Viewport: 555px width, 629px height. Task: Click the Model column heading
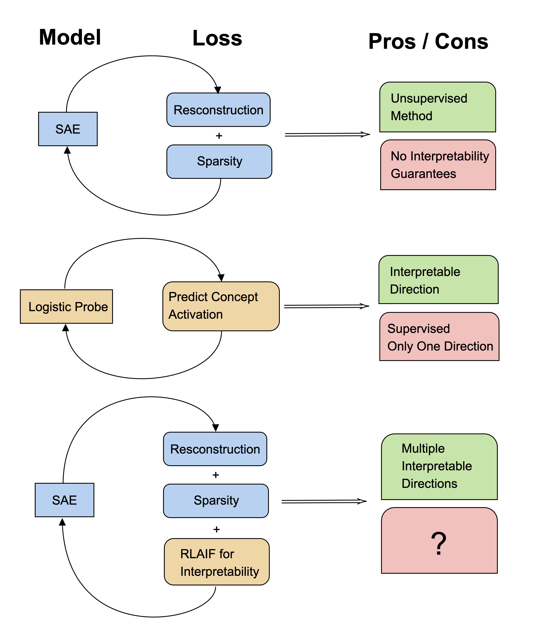(x=70, y=37)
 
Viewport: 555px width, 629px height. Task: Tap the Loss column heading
(x=217, y=39)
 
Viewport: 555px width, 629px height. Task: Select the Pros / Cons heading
(x=428, y=41)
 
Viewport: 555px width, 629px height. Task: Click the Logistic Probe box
(x=66, y=307)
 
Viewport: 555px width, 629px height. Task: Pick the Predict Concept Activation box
(x=221, y=306)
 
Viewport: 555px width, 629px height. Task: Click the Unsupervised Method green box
(x=437, y=107)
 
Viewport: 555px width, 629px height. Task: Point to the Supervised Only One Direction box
(x=439, y=337)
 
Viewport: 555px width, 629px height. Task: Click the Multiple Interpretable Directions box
(x=439, y=466)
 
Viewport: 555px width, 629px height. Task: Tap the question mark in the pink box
(x=439, y=544)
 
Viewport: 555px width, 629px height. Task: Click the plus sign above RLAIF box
(x=217, y=529)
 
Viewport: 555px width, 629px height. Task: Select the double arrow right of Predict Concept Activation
(x=327, y=306)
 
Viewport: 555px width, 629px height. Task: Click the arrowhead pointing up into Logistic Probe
(x=66, y=328)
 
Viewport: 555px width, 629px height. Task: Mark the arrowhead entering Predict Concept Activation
(x=221, y=278)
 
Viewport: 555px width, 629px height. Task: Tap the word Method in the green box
(x=411, y=116)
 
